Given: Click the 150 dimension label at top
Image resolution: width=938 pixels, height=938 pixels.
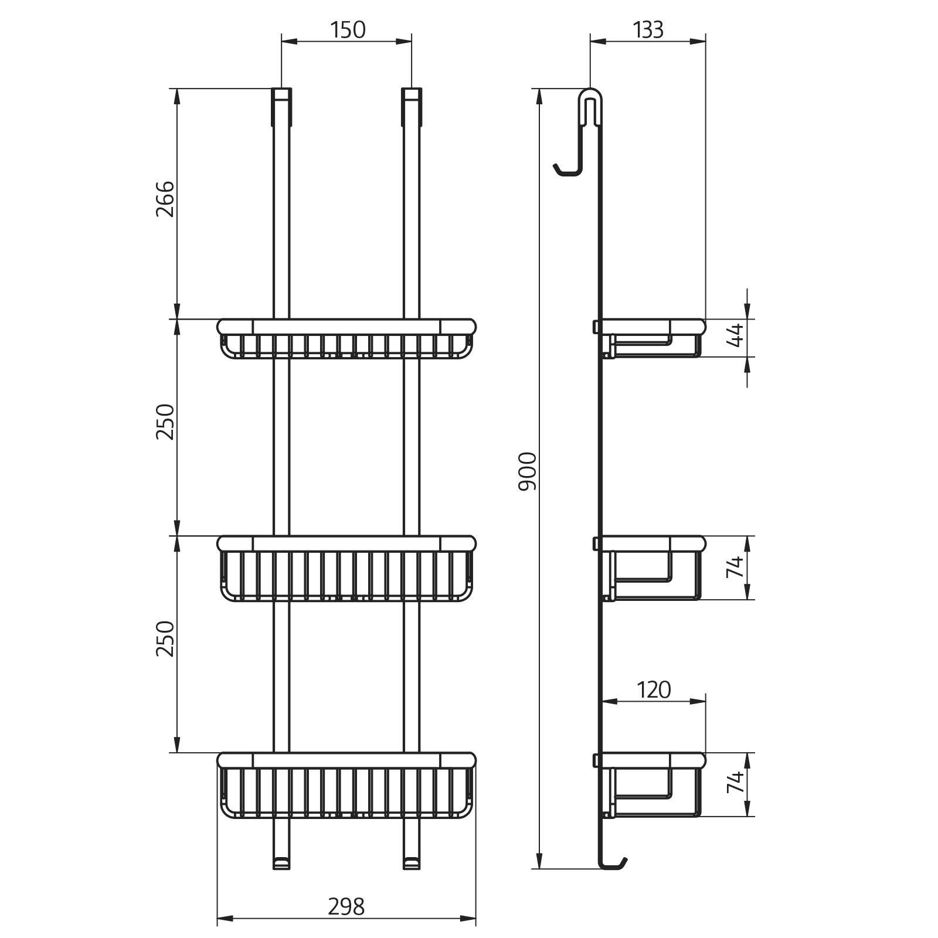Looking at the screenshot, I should coord(347,29).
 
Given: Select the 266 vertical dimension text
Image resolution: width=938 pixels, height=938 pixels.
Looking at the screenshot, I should coord(165,199).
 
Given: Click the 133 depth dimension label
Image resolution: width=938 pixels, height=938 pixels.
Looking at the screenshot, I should coord(648,29).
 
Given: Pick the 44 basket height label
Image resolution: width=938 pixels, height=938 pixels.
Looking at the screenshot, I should coord(735,335).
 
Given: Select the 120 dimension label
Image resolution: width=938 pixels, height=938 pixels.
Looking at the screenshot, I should coord(654,690).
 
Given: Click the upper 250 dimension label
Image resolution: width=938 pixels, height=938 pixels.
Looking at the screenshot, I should coord(165,422).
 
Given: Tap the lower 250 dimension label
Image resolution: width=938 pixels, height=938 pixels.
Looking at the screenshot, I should coord(165,638).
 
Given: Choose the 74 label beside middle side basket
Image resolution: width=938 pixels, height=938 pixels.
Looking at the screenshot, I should coord(735,567).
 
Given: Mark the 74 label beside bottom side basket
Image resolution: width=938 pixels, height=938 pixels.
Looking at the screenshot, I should coord(735,783).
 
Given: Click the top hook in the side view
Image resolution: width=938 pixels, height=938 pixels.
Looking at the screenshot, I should coord(580,135).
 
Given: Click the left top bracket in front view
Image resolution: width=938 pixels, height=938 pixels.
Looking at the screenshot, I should coord(281,107).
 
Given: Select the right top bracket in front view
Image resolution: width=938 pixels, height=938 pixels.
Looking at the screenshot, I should coord(411,107).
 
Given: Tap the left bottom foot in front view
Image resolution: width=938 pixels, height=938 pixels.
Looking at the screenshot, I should coord(281,862).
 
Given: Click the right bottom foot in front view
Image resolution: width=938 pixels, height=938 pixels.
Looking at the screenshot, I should coord(411,862).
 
